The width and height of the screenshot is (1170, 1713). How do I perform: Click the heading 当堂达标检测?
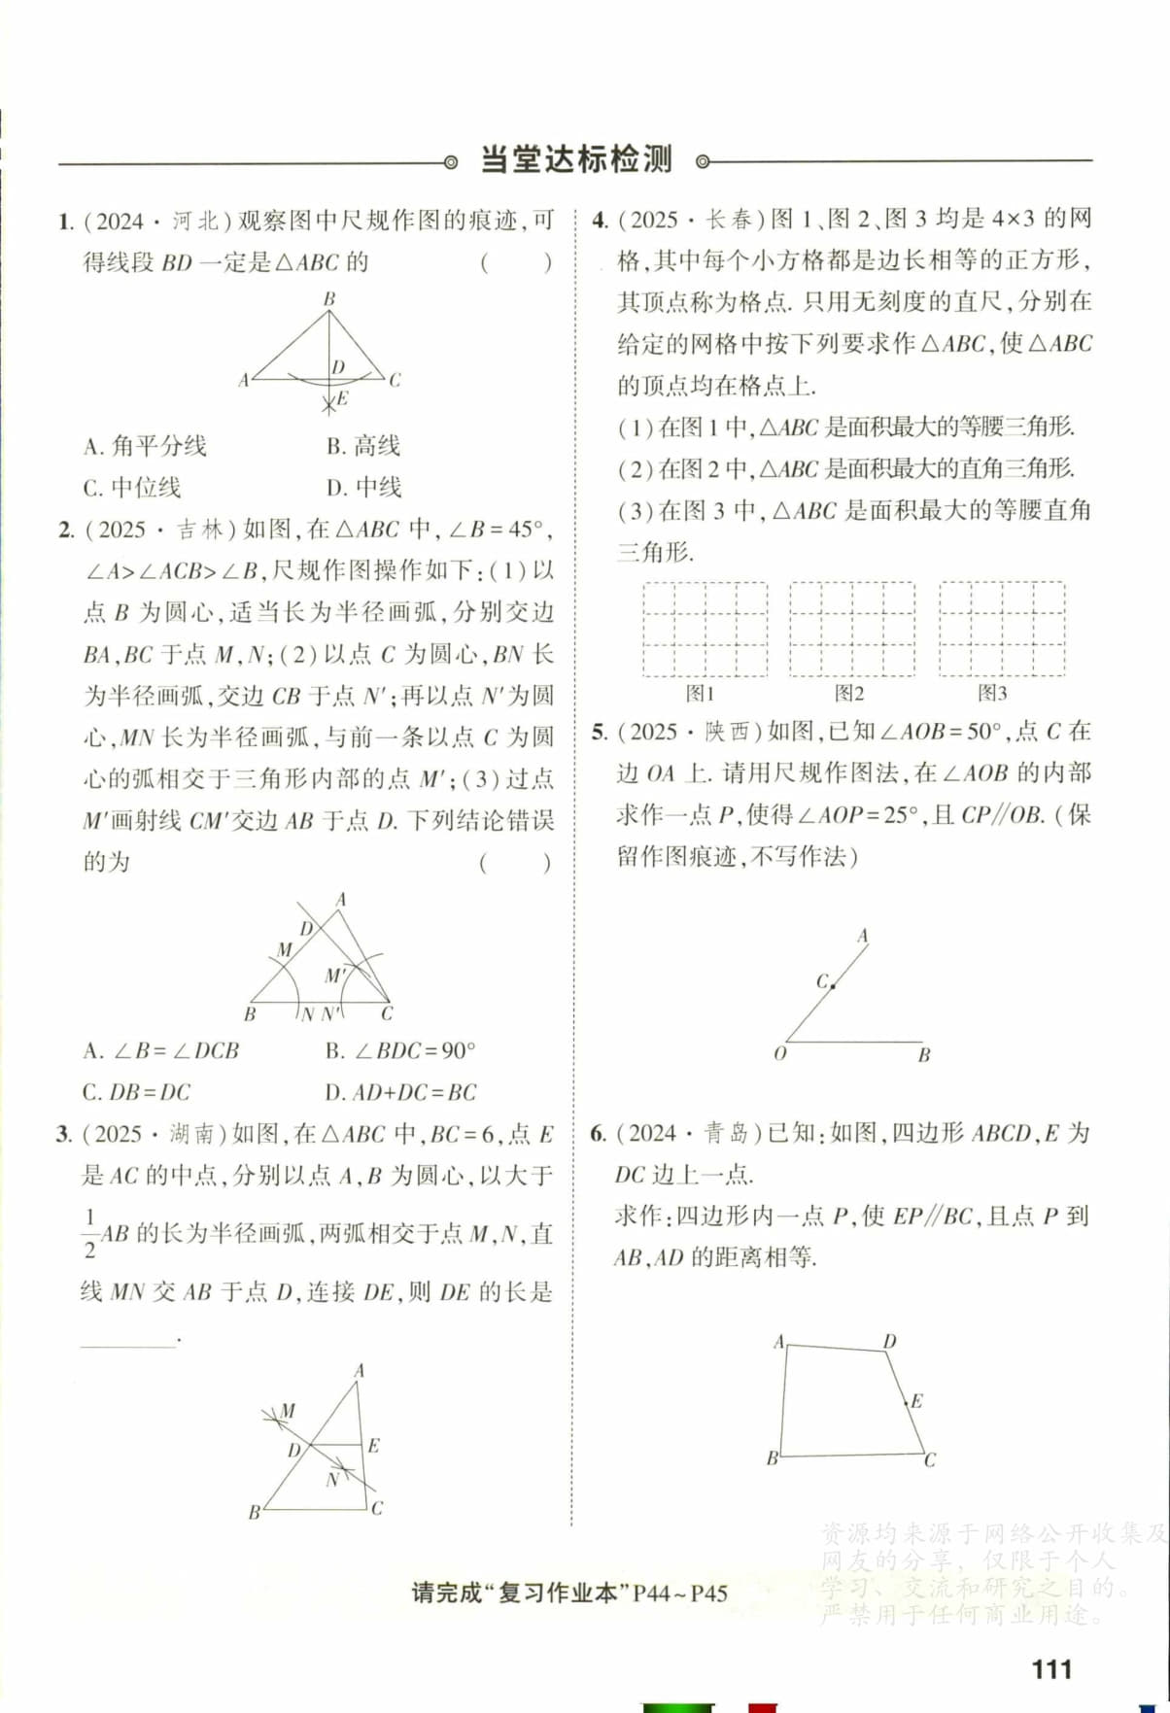click(576, 159)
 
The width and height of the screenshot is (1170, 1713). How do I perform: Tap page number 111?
click(1051, 1669)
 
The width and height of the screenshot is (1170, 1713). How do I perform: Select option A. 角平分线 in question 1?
click(145, 446)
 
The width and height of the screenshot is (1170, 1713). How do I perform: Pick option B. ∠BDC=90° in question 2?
click(400, 1050)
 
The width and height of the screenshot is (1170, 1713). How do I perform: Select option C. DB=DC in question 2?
click(137, 1092)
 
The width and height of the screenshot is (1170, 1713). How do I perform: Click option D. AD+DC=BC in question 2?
click(400, 1092)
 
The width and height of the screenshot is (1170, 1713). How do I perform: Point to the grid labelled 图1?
click(705, 629)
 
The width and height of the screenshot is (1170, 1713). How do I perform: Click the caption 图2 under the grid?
click(849, 693)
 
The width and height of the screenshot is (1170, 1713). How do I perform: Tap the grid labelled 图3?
click(1002, 629)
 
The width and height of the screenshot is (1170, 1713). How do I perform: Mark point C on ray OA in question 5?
click(833, 985)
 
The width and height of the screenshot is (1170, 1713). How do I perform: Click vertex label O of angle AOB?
click(779, 1053)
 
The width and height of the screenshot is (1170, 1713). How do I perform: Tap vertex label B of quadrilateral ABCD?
click(772, 1457)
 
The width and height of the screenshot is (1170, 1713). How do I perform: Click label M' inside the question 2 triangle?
click(335, 975)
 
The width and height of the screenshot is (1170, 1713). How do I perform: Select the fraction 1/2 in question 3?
click(90, 1233)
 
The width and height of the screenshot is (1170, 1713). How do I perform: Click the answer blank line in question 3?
click(128, 1344)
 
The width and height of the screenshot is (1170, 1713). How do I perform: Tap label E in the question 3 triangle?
click(374, 1445)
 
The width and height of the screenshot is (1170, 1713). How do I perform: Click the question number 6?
click(599, 1133)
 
